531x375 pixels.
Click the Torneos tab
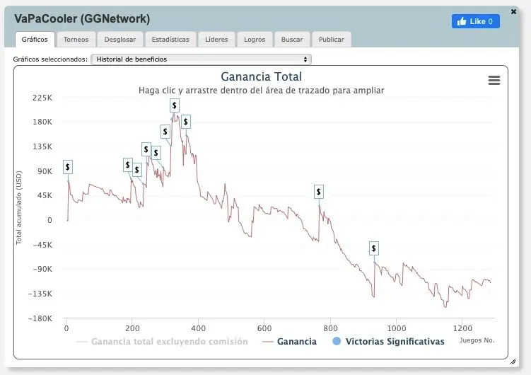pyautogui.click(x=76, y=40)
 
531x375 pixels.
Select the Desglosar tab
pyautogui.click(x=120, y=40)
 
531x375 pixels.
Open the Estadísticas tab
pyautogui.click(x=170, y=40)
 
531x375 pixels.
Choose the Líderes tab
pyautogui.click(x=216, y=40)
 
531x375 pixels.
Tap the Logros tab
pyautogui.click(x=255, y=40)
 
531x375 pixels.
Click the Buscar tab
pyautogui.click(x=292, y=40)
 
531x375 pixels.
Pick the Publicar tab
pyautogui.click(x=332, y=40)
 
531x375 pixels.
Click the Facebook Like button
pyautogui.click(x=476, y=21)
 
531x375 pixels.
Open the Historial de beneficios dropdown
pyautogui.click(x=202, y=59)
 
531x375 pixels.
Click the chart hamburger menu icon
pyautogui.click(x=494, y=81)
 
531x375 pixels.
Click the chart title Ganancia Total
pyautogui.click(x=262, y=76)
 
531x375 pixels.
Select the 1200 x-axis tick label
pyautogui.click(x=462, y=328)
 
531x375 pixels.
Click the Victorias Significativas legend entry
pyautogui.click(x=388, y=342)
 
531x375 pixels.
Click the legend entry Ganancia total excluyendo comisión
pyautogui.click(x=163, y=342)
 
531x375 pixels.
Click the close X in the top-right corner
pyautogui.click(x=513, y=11)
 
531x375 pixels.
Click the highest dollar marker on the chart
pyautogui.click(x=175, y=105)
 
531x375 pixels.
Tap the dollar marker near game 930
pyautogui.click(x=374, y=248)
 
